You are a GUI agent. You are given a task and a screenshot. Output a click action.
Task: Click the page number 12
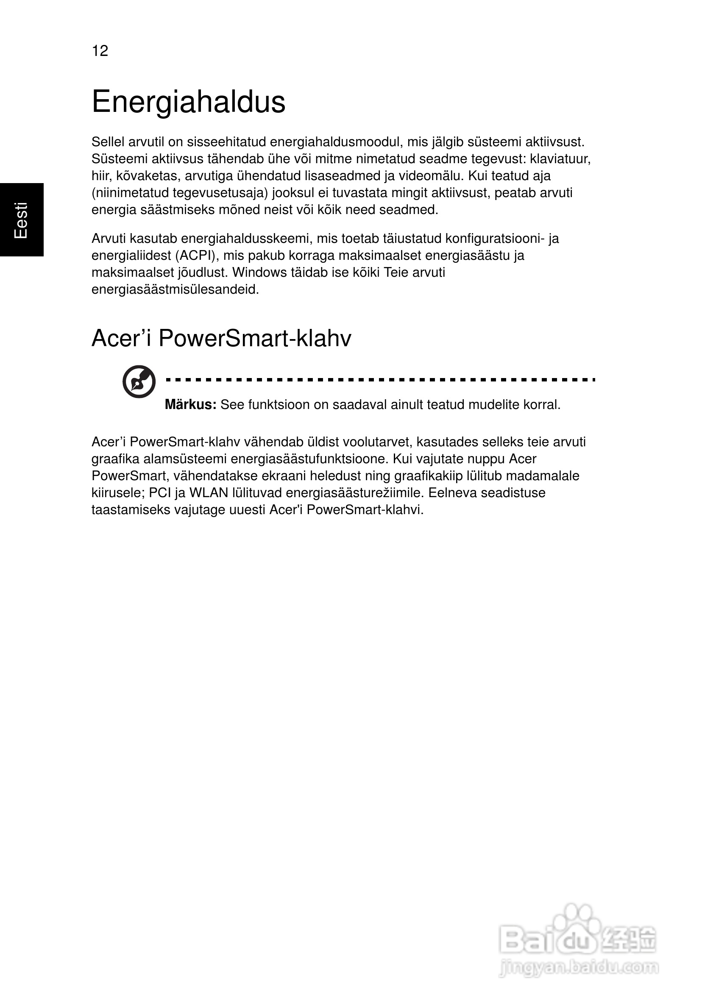coord(100,51)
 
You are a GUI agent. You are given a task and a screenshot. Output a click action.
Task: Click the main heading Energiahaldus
coord(188,102)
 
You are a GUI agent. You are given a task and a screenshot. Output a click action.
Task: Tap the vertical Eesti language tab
coord(22,220)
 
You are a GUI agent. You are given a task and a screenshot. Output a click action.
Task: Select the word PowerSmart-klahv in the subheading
coord(254,338)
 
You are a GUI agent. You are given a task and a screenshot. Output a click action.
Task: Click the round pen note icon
coord(139,381)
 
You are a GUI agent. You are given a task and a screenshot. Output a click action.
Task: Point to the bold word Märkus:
coord(190,404)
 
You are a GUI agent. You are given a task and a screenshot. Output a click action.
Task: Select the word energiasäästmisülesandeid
coord(175,289)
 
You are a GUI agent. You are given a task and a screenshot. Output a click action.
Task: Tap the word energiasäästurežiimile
coord(355,493)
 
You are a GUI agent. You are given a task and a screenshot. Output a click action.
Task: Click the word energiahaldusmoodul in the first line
coord(336,142)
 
